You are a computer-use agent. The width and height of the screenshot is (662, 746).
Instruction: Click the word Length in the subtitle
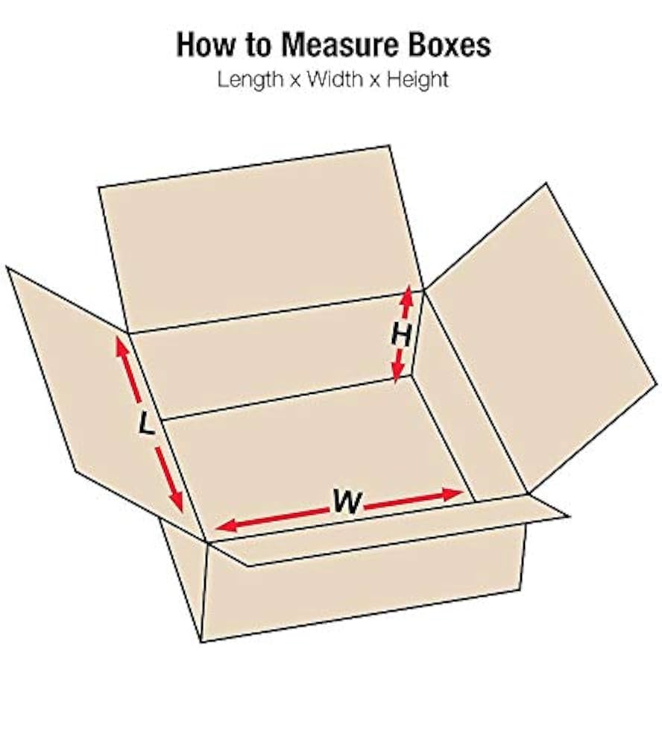(x=250, y=79)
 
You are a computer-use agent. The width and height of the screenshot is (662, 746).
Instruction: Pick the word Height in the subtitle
(x=420, y=79)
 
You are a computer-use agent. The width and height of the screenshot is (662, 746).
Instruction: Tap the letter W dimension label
(x=347, y=502)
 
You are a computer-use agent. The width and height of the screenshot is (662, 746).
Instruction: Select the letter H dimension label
(x=402, y=336)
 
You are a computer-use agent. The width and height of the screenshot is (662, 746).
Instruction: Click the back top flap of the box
(x=257, y=239)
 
